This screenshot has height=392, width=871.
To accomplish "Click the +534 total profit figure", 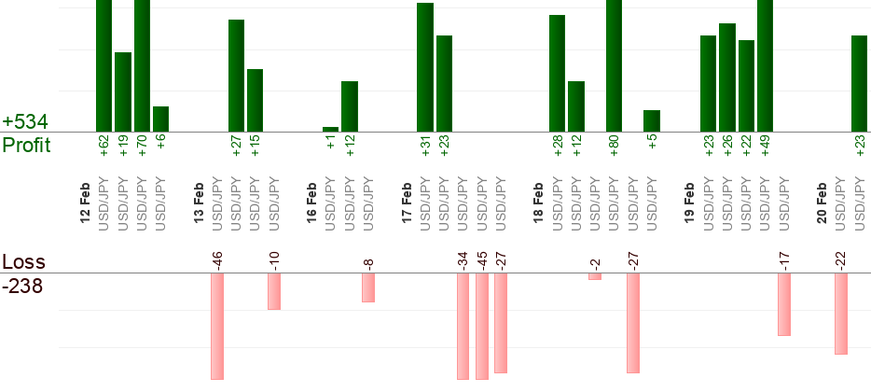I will coord(25,122).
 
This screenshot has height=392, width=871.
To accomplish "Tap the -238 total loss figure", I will coord(23,286).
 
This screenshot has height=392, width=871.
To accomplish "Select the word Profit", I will coord(26,146).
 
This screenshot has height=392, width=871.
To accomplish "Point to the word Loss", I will coord(23,261).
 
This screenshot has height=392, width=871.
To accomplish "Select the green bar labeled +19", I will coord(123,91).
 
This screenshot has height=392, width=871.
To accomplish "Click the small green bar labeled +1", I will coord(330,129).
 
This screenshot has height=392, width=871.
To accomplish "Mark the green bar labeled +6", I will coord(160,119).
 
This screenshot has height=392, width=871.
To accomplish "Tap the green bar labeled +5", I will coord(652,120).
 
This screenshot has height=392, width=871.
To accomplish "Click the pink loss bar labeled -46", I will coord(217,326).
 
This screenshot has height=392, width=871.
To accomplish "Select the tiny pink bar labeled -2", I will coord(595,276).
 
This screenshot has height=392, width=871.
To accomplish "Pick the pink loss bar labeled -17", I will coord(784,304).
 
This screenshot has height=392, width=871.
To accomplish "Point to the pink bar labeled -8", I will coord(368,287).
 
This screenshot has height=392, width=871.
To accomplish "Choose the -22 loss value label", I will coord(841,259).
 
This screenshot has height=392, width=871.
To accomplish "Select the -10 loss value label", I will coord(274,259).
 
